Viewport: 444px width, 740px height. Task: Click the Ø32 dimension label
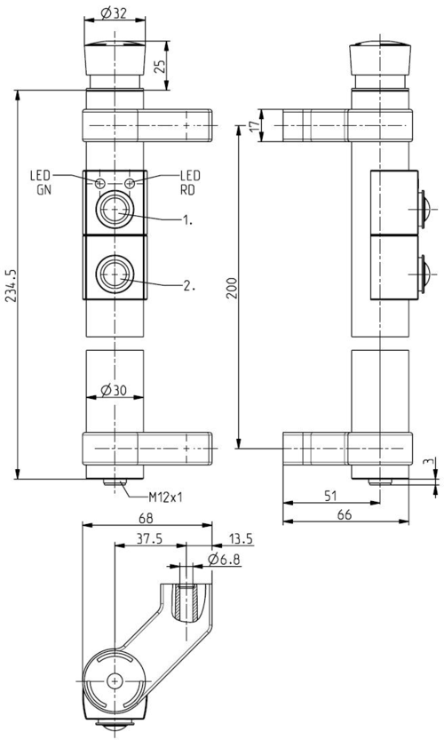(x=114, y=13)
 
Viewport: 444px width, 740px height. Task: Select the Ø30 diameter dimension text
(x=114, y=390)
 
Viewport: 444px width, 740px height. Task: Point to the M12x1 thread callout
(x=165, y=497)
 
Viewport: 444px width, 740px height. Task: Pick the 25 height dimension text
(x=161, y=66)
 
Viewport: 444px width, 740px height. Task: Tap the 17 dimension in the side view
(x=254, y=125)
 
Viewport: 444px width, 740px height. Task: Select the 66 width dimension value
(x=345, y=514)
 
